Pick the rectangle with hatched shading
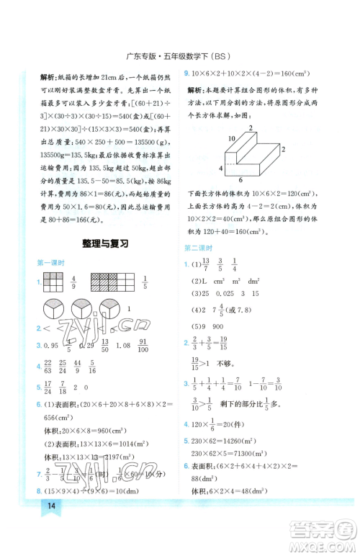coord(108,281)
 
